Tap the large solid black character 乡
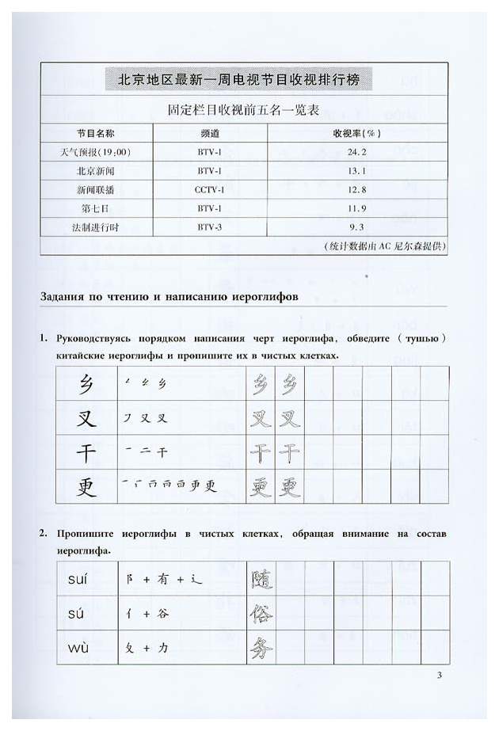tap(86, 386)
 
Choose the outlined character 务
tap(261, 649)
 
